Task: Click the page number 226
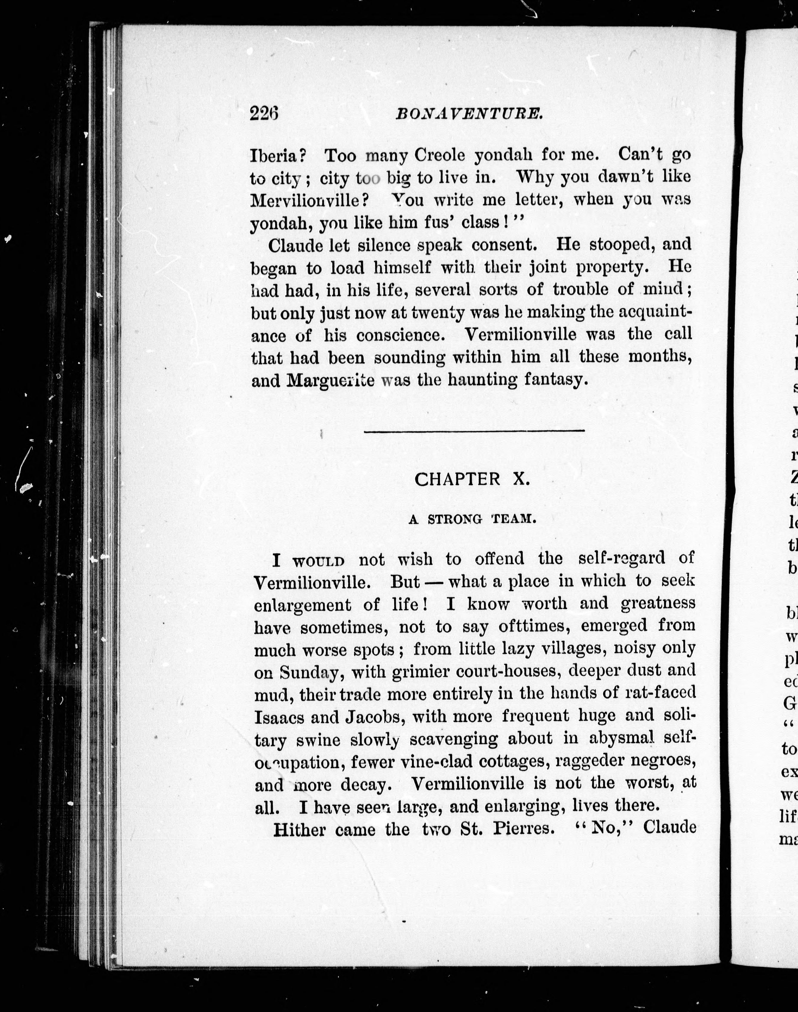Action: pyautogui.click(x=264, y=113)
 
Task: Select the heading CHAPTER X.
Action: pyautogui.click(x=472, y=479)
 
